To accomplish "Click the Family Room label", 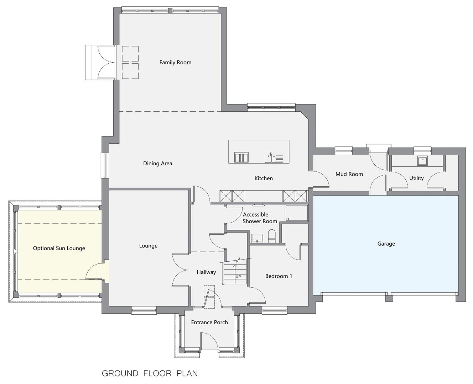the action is click(175, 63).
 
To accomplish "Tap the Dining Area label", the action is click(157, 164).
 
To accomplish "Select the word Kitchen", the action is click(264, 178).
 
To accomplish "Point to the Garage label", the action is click(386, 244).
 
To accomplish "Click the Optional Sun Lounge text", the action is click(59, 248).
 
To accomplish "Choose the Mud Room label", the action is click(349, 174).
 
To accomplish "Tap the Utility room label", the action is click(416, 178).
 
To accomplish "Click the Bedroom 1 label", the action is click(279, 276).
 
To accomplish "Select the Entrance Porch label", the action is click(209, 322).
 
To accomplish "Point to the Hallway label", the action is click(206, 272).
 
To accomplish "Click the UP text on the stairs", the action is click(238, 277).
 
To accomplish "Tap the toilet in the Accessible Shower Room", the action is click(272, 236).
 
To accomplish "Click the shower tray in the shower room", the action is click(297, 213).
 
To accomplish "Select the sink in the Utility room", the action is click(422, 160).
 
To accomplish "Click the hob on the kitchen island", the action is click(241, 158).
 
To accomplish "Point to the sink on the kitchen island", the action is click(274, 158).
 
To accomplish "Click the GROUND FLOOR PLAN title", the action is click(150, 374).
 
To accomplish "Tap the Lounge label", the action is click(148, 246).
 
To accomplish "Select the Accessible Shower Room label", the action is click(260, 218).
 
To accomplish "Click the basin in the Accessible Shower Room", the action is click(257, 238).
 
